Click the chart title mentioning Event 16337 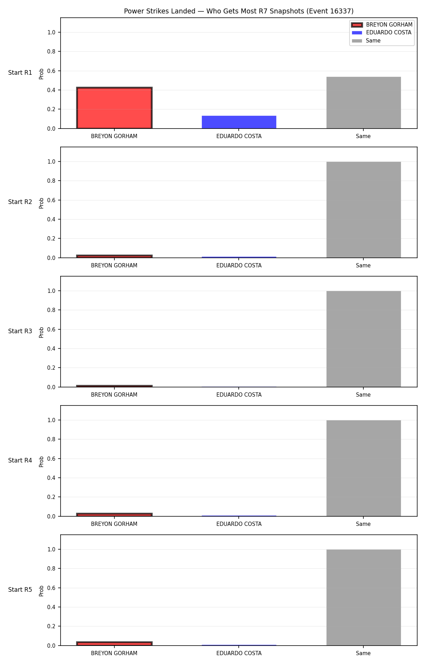coord(239,11)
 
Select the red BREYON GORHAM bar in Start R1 coord(114,108)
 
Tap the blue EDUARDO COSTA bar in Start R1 coord(239,122)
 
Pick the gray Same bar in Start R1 coord(364,103)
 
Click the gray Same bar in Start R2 coord(364,210)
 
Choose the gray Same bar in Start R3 coord(364,339)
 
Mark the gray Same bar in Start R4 coord(364,468)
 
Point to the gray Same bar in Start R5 coord(364,597)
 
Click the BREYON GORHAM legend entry coord(382,25)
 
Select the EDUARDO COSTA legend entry coord(381,33)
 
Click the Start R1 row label coord(20,73)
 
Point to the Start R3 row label coord(20,331)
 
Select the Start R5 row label coord(20,590)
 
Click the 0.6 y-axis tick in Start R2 coord(51,200)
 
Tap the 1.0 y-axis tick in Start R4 coord(51,420)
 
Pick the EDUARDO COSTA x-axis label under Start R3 coord(239,395)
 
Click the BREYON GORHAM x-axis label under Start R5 coord(114,653)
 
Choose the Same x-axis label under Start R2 coord(363,266)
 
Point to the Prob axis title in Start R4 coord(41,461)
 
